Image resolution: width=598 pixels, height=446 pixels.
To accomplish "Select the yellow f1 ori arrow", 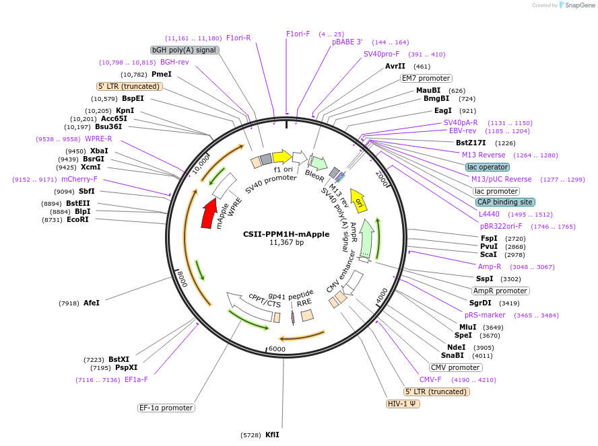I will coord(281,157).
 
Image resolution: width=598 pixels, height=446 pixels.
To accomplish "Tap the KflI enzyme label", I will coord(272,435).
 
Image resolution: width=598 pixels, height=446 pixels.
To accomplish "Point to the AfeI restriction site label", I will coord(91,303).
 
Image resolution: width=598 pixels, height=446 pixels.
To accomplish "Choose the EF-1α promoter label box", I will coord(166,408).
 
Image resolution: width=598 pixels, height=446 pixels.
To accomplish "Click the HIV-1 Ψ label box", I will coord(403,404).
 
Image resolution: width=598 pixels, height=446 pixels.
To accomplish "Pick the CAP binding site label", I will coord(505,202).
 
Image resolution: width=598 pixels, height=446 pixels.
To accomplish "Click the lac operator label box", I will coord(487,166).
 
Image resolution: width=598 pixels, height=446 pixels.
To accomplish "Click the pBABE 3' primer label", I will coord(347,42).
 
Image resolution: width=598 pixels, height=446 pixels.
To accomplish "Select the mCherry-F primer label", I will coord(79,179).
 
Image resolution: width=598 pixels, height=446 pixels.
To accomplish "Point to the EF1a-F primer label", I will coord(136,379).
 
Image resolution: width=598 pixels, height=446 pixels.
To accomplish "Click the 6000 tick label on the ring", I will coord(277,349).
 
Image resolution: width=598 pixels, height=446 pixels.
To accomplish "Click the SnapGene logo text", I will coord(579,5).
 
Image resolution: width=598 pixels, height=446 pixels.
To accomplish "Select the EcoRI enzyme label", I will coord(77,220).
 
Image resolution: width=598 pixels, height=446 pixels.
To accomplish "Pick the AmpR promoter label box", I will coord(500,291).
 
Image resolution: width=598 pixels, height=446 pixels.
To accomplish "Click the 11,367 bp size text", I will coord(286,243).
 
